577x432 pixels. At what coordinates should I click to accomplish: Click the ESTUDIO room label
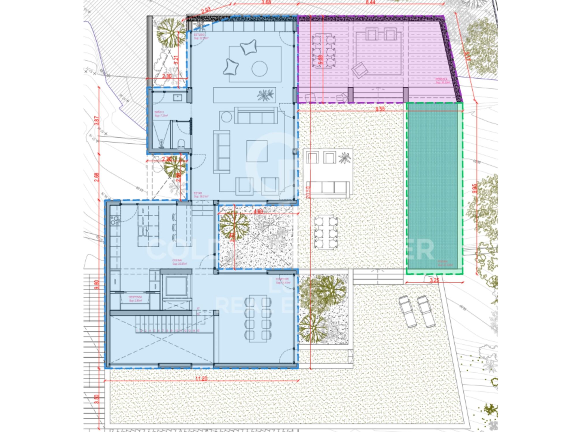tap(199, 35)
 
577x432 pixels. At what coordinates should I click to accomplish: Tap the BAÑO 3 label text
tap(159, 112)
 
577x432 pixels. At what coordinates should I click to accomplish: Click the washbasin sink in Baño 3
tap(177, 97)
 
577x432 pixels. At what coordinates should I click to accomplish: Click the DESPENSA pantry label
tap(135, 297)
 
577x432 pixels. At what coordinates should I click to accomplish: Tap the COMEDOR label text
tap(282, 279)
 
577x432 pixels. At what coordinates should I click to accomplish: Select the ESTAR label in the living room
tap(198, 193)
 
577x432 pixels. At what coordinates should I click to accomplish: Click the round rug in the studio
tap(259, 69)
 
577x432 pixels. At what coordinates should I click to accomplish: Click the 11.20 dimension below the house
tap(201, 378)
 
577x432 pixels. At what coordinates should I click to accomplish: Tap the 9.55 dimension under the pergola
tap(380, 109)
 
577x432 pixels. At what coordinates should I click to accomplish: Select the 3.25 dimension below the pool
tap(434, 280)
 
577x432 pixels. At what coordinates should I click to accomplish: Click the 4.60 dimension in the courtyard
tap(258, 212)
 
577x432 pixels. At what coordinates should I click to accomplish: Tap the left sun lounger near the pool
tap(408, 312)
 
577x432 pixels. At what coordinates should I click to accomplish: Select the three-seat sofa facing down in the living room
tap(256, 115)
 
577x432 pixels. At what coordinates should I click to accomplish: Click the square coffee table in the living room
tap(257, 151)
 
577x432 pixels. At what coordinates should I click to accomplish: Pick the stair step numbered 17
tap(198, 309)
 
